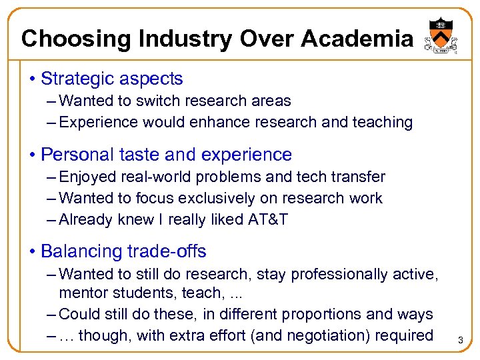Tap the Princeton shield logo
pos(437,33)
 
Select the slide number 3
pos(460,341)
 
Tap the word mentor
pos(82,293)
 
